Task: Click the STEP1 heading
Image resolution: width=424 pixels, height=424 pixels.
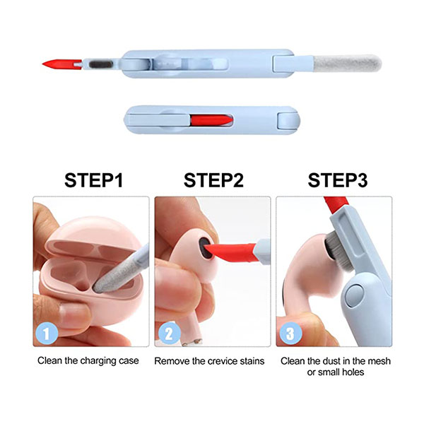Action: click(x=93, y=180)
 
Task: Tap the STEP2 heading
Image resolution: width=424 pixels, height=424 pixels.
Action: click(x=213, y=180)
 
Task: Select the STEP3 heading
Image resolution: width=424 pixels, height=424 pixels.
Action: click(x=338, y=180)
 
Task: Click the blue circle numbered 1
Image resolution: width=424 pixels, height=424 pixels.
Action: click(x=47, y=334)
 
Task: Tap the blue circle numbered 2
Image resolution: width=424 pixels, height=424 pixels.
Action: click(x=170, y=333)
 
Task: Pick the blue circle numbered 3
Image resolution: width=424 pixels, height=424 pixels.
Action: click(x=290, y=334)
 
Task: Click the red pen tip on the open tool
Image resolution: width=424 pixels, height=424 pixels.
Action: click(x=62, y=64)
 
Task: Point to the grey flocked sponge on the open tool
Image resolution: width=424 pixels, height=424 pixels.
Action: click(x=348, y=64)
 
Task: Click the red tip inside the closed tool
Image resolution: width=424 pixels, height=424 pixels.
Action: click(x=211, y=120)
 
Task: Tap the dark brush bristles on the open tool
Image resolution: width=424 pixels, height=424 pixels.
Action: click(x=101, y=65)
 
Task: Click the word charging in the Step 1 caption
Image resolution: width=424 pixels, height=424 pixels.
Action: click(x=98, y=361)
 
